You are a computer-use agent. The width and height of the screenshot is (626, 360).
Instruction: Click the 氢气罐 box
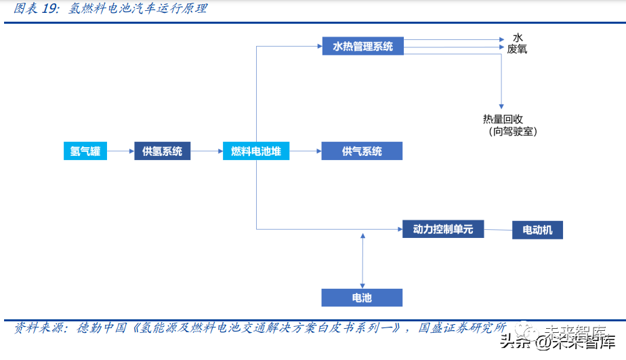pos(85,151)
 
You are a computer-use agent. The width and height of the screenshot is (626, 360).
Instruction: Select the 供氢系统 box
pos(163,151)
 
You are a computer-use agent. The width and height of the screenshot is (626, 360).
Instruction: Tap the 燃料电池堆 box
pos(256,151)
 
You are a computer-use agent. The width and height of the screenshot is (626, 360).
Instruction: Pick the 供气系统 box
pos(362,151)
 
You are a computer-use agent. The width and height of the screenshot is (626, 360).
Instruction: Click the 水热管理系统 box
pos(362,47)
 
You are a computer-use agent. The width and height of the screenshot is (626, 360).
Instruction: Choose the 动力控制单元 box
pos(443,229)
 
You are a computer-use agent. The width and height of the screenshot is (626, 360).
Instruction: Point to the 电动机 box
pos(537,230)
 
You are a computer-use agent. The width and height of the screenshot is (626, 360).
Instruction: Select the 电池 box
pos(362,298)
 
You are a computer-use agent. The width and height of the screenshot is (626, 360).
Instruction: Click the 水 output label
pos(518,37)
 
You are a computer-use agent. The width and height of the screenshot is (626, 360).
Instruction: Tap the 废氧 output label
pos(518,49)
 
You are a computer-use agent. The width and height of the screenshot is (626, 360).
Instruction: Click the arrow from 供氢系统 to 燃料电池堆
pos(207,151)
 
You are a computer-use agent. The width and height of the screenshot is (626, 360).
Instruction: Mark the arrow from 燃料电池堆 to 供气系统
pos(305,151)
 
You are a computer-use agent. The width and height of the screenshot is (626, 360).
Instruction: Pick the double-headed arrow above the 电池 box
pos(362,261)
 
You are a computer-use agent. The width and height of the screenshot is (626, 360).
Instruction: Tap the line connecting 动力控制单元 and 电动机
pos(498,229)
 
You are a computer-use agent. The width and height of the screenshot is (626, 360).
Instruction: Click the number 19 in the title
pos(53,9)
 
